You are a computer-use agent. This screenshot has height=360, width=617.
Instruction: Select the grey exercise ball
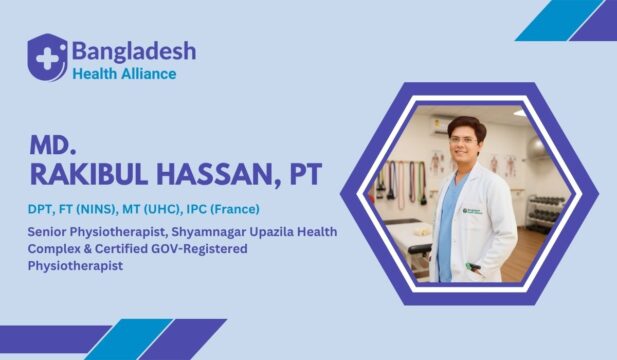pos(536,149)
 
